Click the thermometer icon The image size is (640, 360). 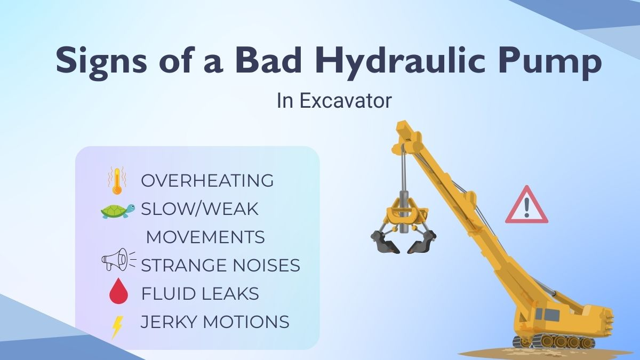[117, 181]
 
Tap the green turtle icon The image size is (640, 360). [118, 211]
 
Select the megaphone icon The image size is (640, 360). [118, 259]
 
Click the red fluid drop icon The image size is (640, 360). [119, 291]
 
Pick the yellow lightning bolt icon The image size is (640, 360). [117, 327]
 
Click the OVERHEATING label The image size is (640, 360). [207, 181]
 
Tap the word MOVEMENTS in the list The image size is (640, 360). [205, 237]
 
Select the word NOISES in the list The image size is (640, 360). [266, 265]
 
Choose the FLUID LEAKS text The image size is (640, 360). [200, 293]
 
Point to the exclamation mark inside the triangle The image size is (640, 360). [527, 207]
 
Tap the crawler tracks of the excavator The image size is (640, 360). [554, 342]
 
